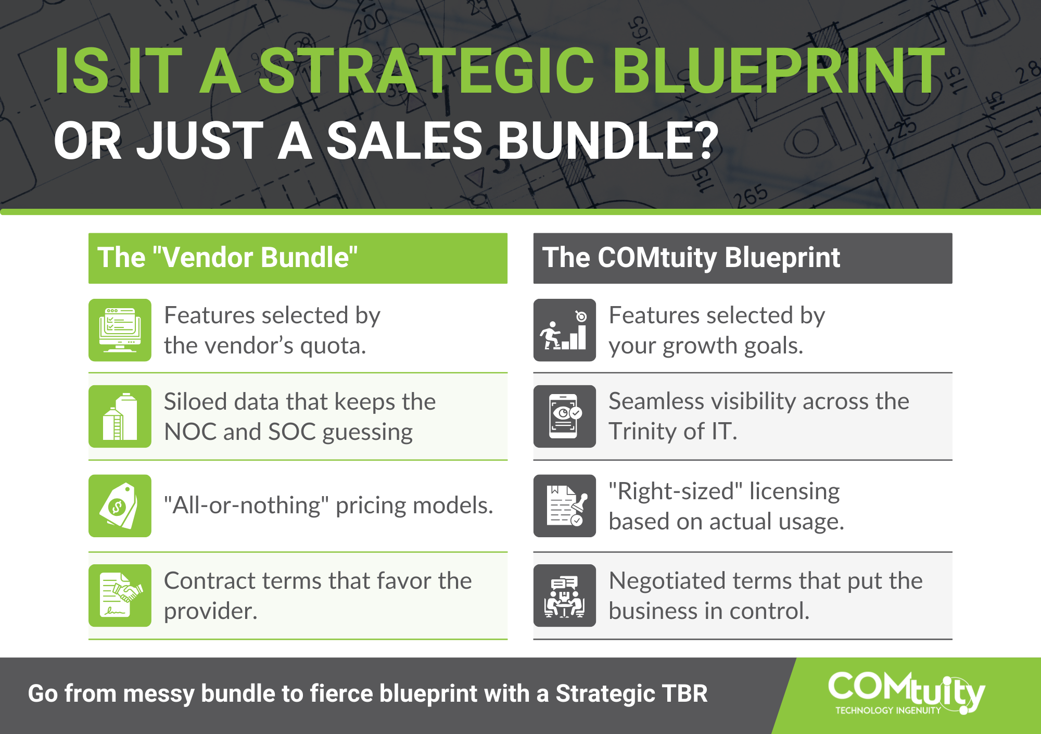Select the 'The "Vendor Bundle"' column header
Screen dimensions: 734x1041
298,258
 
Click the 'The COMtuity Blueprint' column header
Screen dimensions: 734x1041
743,258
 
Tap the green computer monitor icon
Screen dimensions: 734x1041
120,330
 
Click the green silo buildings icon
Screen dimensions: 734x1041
120,416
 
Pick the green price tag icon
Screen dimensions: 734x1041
120,505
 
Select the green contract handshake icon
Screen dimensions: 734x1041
120,596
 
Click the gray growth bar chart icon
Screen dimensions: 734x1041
565,330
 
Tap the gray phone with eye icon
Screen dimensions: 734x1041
565,416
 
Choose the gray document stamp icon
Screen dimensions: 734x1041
565,505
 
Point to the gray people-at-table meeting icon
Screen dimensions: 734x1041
565,596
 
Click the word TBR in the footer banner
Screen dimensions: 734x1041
684,694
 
